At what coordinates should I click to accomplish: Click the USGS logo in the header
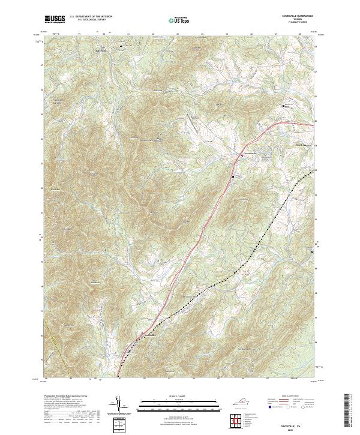tap(55, 20)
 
